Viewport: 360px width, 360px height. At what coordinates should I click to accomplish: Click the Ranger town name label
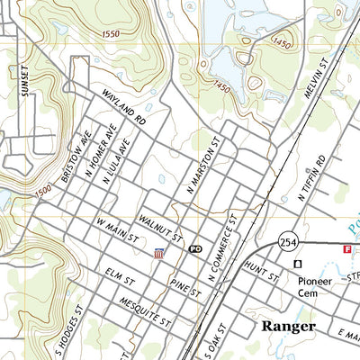pos(288,327)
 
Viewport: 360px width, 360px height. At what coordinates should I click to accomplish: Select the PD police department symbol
pos(194,248)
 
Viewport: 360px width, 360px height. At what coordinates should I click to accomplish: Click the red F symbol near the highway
pos(346,247)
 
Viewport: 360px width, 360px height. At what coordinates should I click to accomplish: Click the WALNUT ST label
pos(161,230)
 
